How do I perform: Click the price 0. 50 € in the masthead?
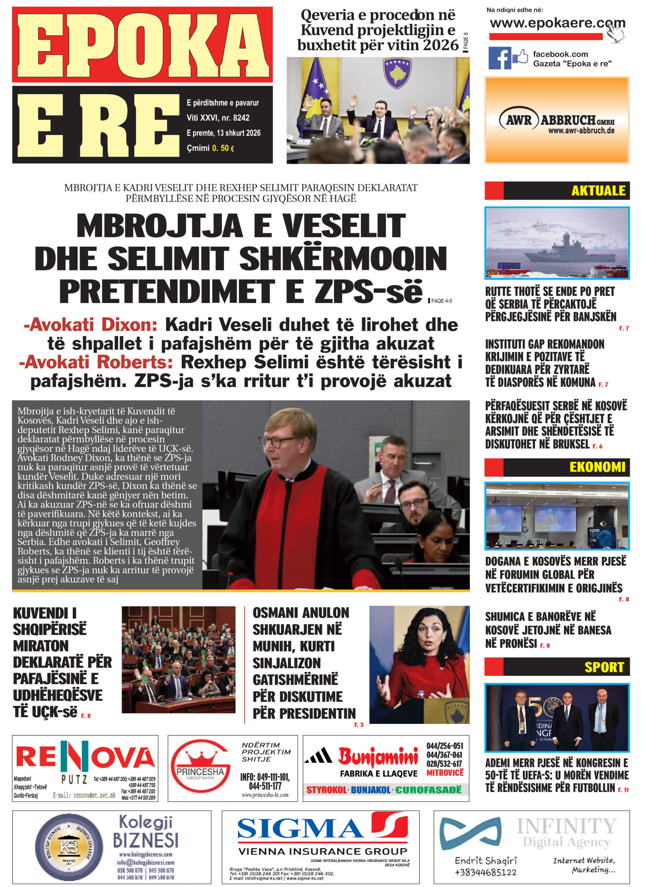click(x=223, y=148)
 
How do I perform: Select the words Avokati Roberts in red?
click(x=96, y=362)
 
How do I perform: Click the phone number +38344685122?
click(x=486, y=872)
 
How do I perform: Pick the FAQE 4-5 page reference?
click(x=441, y=301)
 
